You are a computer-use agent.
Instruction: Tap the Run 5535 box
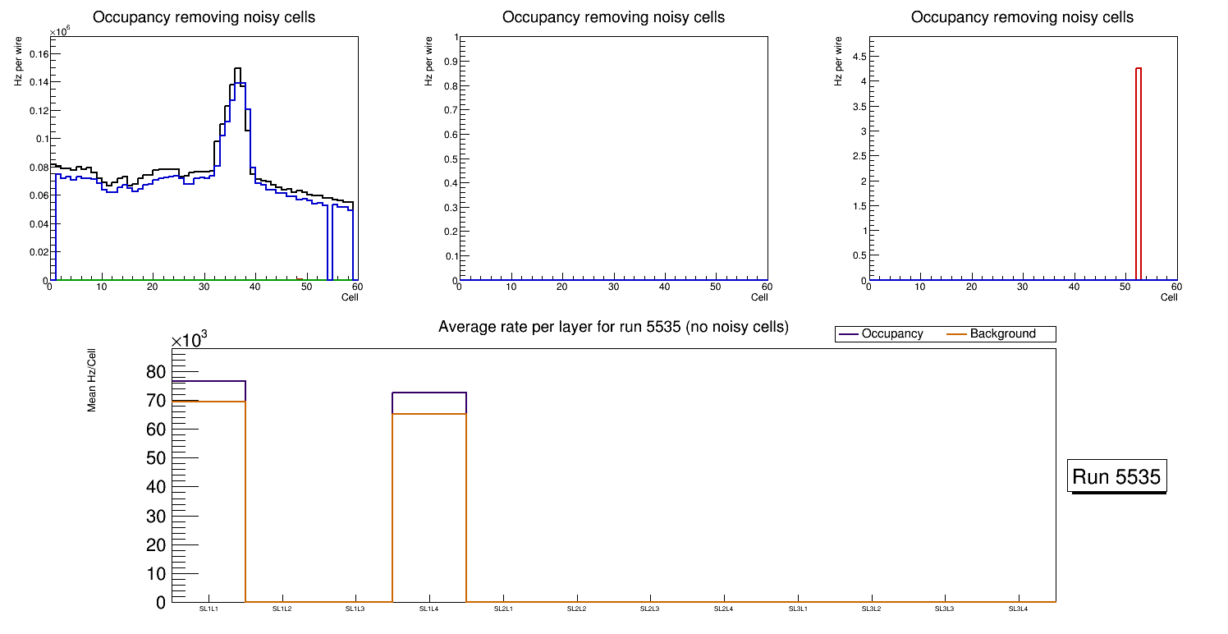tap(1118, 477)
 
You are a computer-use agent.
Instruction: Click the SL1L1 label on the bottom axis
tap(208, 609)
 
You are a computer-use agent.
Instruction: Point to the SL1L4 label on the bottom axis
tap(429, 609)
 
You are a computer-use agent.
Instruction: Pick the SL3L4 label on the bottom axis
tap(1018, 609)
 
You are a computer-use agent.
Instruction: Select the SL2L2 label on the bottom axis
tap(577, 609)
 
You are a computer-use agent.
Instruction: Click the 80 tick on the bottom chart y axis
tap(155, 372)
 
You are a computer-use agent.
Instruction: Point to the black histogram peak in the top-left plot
tap(237, 69)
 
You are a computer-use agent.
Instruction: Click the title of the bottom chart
tap(613, 328)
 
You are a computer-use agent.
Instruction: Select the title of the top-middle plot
tap(613, 17)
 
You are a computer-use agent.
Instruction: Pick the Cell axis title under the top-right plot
tap(1169, 297)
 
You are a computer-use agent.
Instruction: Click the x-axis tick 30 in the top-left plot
tap(204, 287)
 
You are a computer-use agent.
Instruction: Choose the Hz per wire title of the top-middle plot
tap(428, 62)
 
